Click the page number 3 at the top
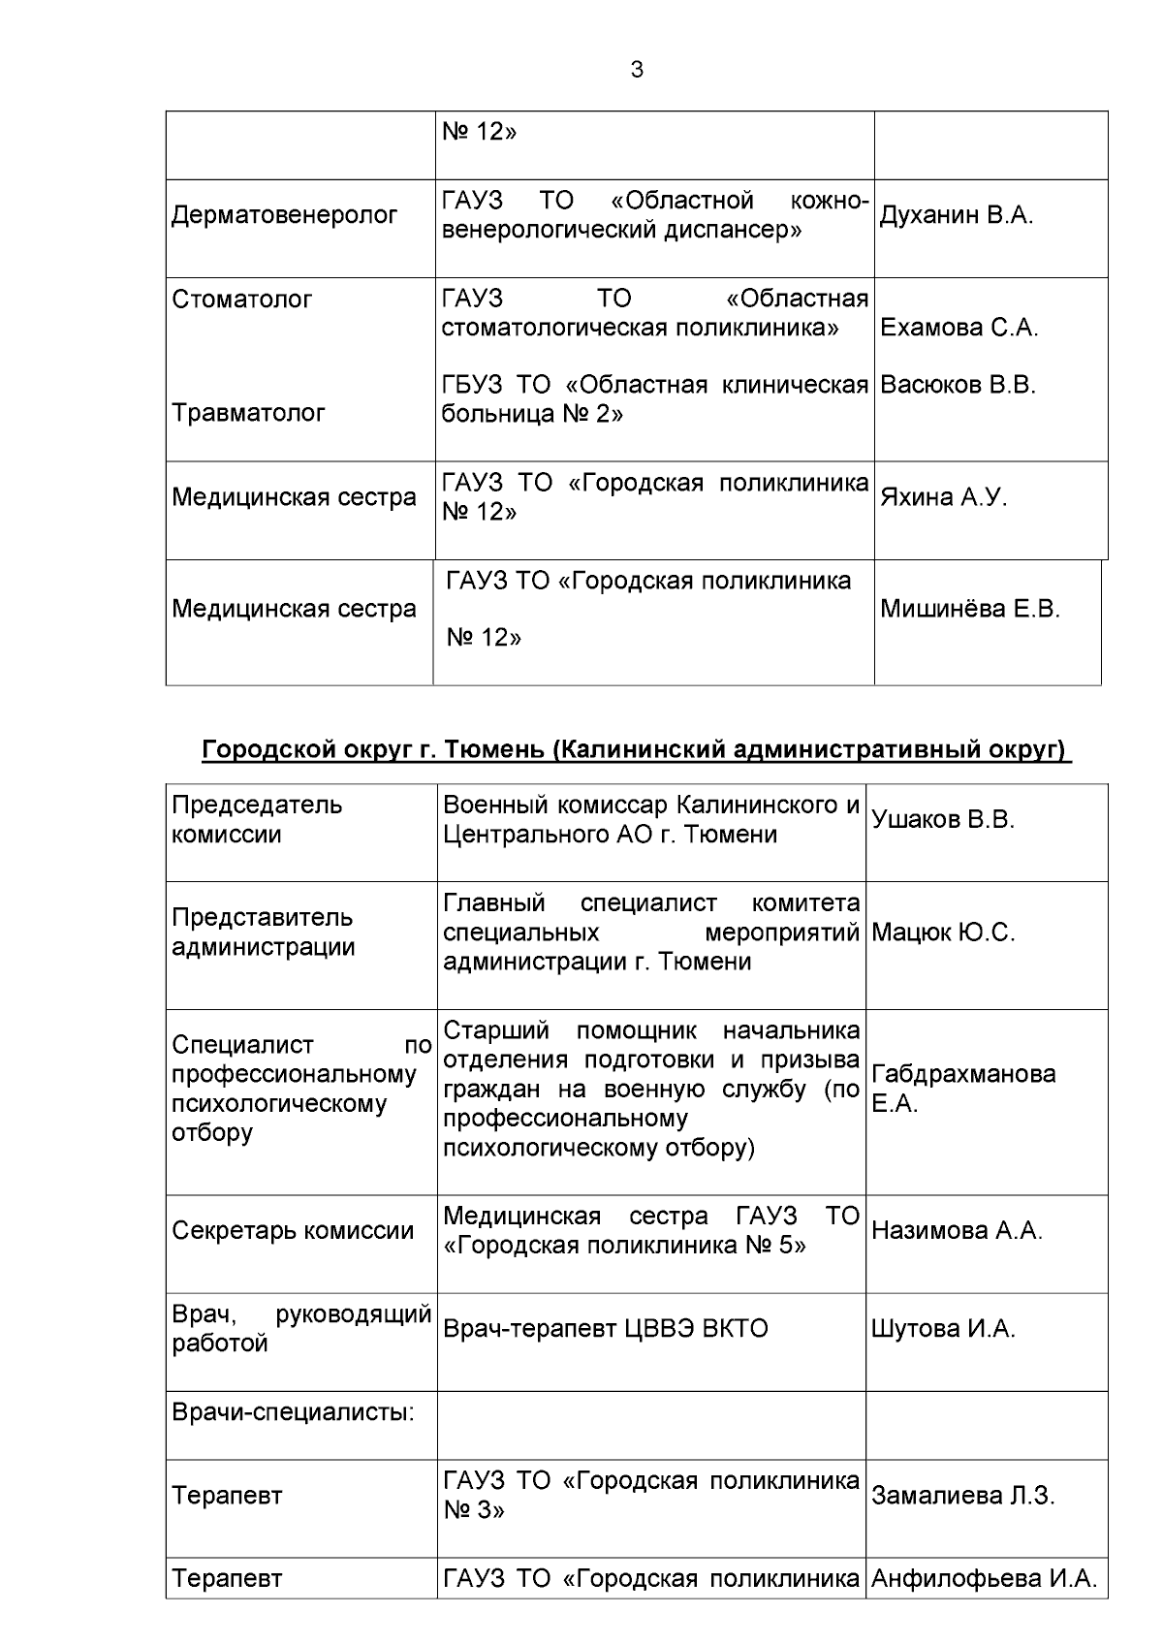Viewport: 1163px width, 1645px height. (x=636, y=70)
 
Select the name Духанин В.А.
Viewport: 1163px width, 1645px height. (x=956, y=215)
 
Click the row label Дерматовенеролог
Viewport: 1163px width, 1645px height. (x=285, y=215)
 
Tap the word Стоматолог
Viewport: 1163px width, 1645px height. (x=242, y=300)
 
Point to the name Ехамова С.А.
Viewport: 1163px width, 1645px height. (x=959, y=328)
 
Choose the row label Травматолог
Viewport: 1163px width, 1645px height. (x=248, y=413)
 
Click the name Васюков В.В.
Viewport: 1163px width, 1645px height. (x=958, y=385)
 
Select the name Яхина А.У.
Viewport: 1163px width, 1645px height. (x=943, y=497)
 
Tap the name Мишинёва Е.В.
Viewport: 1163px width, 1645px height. (x=969, y=609)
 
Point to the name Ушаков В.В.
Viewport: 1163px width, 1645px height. (x=942, y=819)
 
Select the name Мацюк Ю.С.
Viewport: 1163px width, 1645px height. (x=942, y=933)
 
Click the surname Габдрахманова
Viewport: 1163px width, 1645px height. (x=963, y=1074)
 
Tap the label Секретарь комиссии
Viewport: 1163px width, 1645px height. (x=293, y=1231)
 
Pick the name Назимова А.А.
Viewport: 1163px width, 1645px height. (x=956, y=1231)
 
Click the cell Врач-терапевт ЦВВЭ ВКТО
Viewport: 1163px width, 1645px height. (x=605, y=1329)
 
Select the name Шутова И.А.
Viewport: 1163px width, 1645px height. (x=942, y=1329)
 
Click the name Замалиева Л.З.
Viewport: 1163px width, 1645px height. (x=962, y=1496)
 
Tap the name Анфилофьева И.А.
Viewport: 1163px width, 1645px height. (x=984, y=1579)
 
